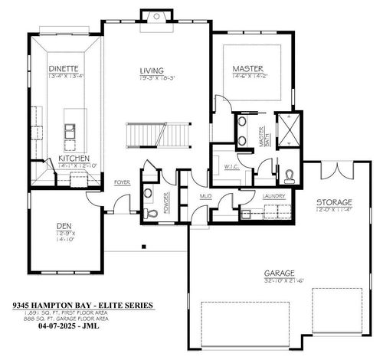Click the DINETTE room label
coord(64,67)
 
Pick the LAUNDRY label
coord(273,197)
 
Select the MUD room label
coord(205,197)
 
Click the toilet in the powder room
coord(151,211)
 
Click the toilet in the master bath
coord(288,176)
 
